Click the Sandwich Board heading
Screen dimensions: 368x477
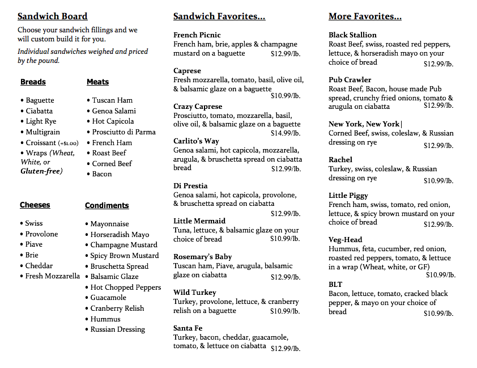[53, 16]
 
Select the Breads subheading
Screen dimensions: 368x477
[33, 82]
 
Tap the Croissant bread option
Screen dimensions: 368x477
[41, 143]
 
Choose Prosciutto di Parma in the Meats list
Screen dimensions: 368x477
[124, 132]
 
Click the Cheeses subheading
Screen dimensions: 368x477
[35, 205]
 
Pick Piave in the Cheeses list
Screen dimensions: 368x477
[34, 244]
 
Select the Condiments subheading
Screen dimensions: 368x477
[107, 206]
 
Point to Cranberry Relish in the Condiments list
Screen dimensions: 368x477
[117, 308]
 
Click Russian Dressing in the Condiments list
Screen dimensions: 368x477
[118, 329]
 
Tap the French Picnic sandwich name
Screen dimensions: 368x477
[197, 35]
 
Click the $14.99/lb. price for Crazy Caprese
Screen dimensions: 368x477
[286, 133]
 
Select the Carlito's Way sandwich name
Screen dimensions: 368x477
[196, 141]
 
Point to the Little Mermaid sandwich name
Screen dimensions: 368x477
[199, 221]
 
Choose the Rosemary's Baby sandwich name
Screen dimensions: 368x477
[203, 257]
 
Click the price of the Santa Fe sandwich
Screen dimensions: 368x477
[286, 348]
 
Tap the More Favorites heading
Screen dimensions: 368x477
[365, 16]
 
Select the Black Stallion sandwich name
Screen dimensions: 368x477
[352, 35]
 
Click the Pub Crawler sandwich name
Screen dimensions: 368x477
[350, 80]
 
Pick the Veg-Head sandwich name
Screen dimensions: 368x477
[345, 240]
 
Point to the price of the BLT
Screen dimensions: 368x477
[438, 314]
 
